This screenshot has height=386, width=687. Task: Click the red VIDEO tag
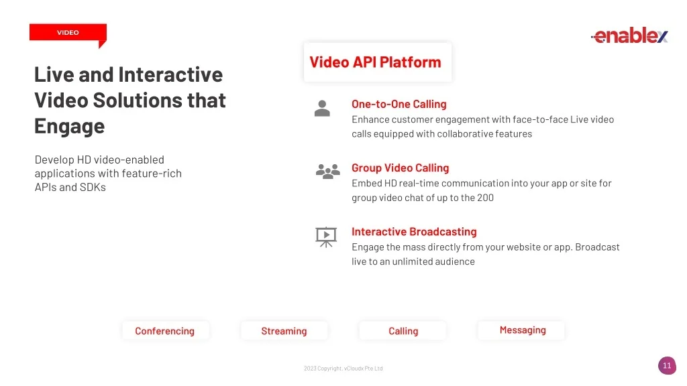(x=68, y=33)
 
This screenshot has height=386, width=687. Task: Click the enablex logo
(x=629, y=35)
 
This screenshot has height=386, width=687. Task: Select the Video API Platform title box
(x=377, y=62)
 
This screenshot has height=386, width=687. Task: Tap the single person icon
(x=322, y=109)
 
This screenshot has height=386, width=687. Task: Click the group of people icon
(x=327, y=171)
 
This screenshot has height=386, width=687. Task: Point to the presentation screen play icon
(x=326, y=237)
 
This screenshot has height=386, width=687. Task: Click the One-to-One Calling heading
(x=399, y=104)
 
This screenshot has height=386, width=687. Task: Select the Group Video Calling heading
(x=400, y=168)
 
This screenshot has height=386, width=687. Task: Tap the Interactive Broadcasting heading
(x=414, y=231)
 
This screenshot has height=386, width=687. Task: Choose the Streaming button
(x=284, y=331)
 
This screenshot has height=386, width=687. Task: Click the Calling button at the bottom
(x=403, y=331)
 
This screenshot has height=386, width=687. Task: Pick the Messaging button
(x=522, y=330)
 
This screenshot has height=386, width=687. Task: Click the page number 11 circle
(x=667, y=365)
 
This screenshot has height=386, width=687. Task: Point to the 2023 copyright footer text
(x=343, y=369)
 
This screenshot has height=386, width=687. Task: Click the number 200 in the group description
(x=486, y=198)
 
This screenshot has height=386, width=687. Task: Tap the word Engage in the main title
(x=70, y=127)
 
